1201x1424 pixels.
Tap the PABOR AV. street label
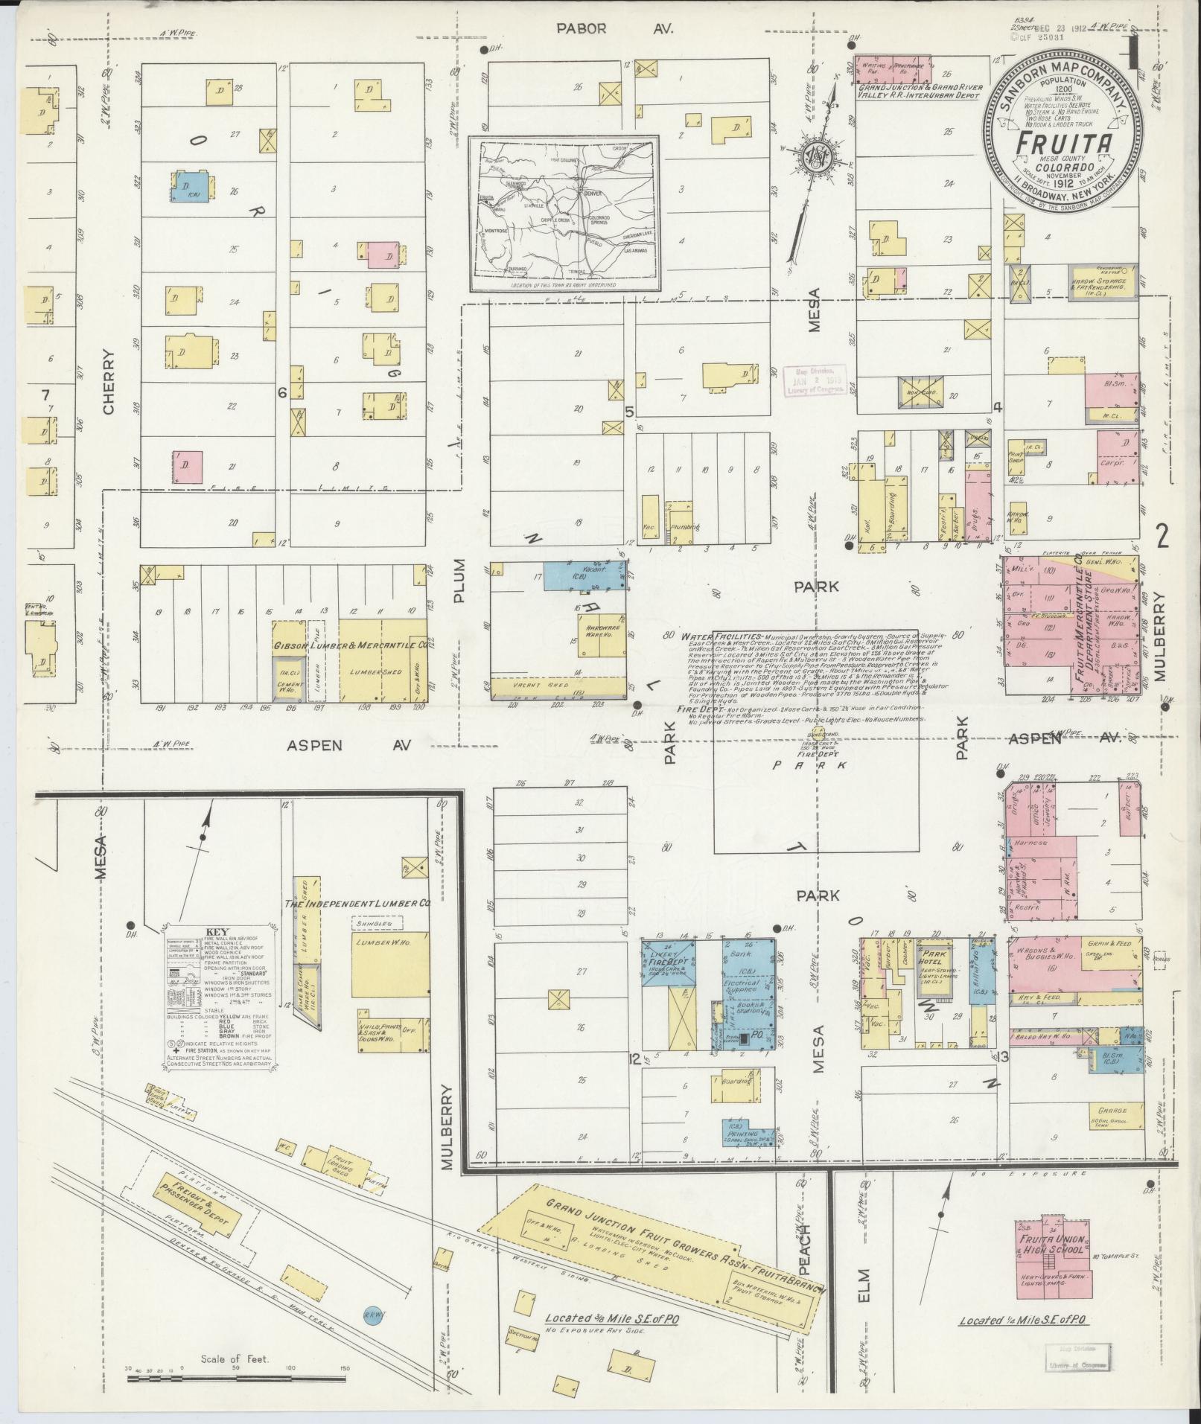click(x=615, y=29)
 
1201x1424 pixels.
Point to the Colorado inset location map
click(x=564, y=214)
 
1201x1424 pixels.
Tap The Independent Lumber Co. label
click(x=357, y=903)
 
